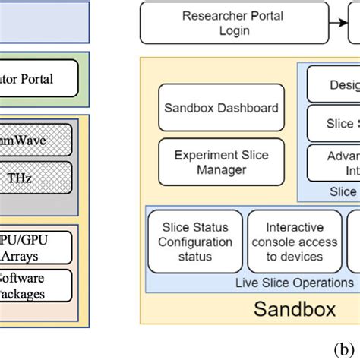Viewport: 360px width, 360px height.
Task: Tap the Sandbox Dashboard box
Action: (x=222, y=109)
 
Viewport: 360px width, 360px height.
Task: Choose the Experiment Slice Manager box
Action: (x=222, y=163)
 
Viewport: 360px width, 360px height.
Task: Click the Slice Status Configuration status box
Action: (x=195, y=242)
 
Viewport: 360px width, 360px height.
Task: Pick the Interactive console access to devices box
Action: (x=294, y=242)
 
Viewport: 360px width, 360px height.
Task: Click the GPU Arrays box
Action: (x=36, y=248)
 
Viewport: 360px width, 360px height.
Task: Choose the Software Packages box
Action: (x=36, y=285)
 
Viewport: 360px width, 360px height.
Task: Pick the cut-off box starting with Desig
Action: (x=333, y=84)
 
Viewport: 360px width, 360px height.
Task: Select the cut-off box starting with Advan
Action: (x=333, y=161)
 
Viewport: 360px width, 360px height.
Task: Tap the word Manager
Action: (x=222, y=170)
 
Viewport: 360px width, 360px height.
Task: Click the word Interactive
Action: (x=294, y=227)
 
